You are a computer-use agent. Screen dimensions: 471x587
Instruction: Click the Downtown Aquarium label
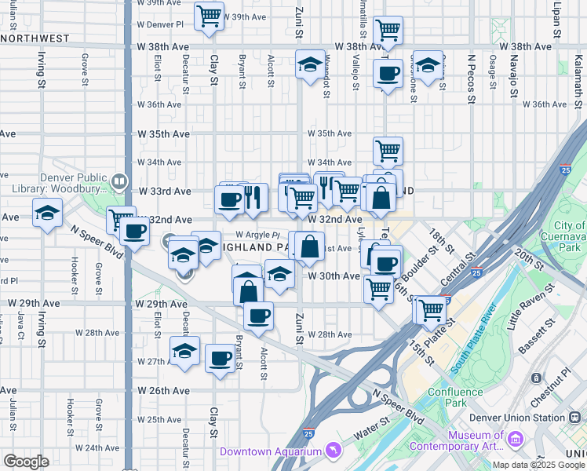pyautogui.click(x=271, y=451)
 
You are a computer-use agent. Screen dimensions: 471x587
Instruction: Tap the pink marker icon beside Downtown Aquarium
pyautogui.click(x=334, y=451)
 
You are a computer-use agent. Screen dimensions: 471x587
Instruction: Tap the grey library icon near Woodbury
pyautogui.click(x=118, y=181)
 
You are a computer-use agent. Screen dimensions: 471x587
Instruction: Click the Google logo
pyautogui.click(x=27, y=462)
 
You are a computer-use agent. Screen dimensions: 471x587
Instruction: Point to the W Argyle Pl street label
pyautogui.click(x=257, y=235)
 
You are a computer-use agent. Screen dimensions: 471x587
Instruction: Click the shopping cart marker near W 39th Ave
pyautogui.click(x=209, y=15)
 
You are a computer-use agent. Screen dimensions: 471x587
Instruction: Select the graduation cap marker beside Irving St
pyautogui.click(x=47, y=212)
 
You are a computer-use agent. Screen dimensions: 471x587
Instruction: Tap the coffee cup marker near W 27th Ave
pyautogui.click(x=220, y=359)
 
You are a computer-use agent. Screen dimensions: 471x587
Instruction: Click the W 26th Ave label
pyautogui.click(x=164, y=390)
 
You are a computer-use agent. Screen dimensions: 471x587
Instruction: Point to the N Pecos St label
pyautogui.click(x=471, y=78)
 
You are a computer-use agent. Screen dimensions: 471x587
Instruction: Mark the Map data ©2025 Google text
pyautogui.click(x=538, y=465)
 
